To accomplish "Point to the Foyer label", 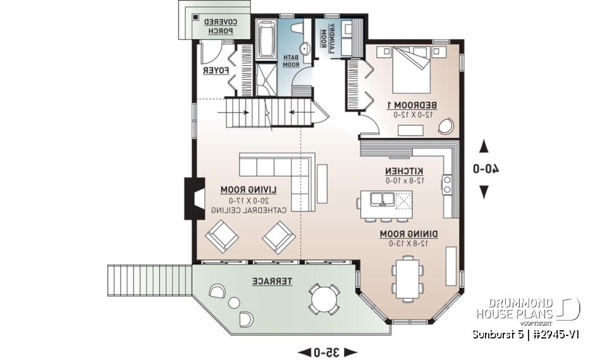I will click(x=215, y=71).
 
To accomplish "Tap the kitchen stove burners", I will click(x=448, y=184).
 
